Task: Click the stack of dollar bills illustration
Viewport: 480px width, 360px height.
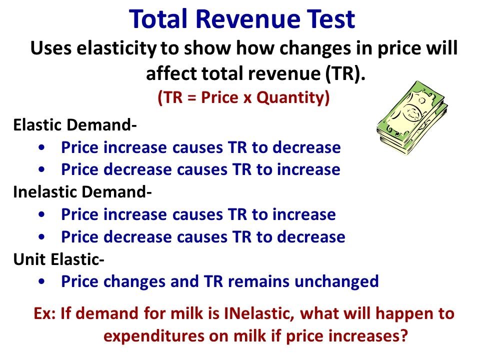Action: tap(412, 117)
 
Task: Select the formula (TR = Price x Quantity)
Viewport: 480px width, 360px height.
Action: tap(243, 98)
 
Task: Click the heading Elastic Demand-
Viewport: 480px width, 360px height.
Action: tap(74, 125)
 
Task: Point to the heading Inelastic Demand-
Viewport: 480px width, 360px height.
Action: tap(82, 191)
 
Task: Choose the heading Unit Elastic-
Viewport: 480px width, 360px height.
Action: tap(58, 258)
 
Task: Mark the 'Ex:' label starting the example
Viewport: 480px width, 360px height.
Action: tap(45, 314)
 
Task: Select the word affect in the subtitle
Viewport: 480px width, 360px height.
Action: tap(171, 73)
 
